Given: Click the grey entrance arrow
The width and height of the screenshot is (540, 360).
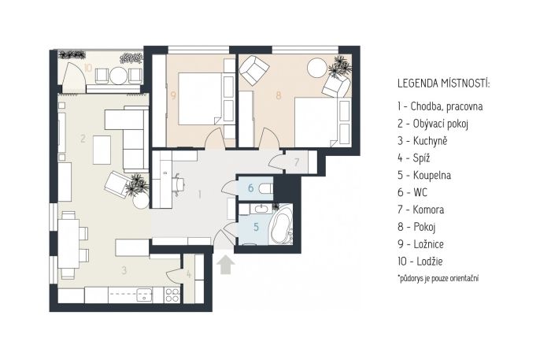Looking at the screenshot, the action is click(226, 264).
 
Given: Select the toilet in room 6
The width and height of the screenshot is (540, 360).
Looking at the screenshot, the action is click(267, 189).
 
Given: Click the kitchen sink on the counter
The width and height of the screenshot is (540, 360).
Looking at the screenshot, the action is click(144, 295).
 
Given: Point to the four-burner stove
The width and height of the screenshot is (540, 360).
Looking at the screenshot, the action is click(172, 295).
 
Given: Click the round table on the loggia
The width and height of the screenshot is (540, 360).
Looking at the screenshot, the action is click(118, 76).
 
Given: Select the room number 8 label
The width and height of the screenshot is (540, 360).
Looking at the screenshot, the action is click(279, 95).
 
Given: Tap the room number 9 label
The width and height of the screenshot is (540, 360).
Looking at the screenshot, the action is click(173, 95).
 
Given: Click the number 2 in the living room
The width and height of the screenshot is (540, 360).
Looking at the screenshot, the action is click(83, 139).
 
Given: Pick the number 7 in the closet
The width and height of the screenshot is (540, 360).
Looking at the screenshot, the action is click(297, 162).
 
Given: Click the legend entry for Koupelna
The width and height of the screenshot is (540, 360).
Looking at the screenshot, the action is click(424, 175).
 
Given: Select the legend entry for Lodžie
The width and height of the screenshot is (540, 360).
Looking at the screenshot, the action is click(420, 261).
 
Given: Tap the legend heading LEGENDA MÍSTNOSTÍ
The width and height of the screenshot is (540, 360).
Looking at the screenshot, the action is click(444, 84).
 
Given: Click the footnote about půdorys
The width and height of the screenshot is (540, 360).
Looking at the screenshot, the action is click(438, 278).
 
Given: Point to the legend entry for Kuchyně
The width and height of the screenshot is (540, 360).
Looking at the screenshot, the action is click(422, 140).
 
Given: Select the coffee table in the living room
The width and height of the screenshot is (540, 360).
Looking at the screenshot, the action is click(102, 150).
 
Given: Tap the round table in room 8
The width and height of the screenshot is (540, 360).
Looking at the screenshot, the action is click(316, 68).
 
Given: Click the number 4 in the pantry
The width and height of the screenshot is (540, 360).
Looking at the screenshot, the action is click(189, 275).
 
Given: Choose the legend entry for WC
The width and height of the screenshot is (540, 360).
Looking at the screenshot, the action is click(412, 192).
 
